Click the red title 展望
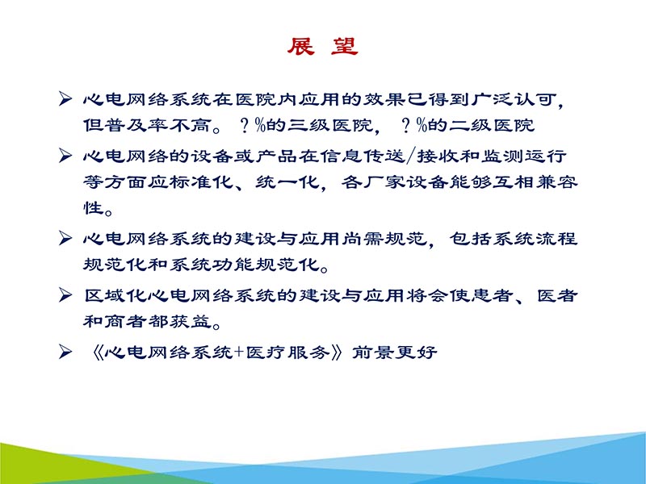pyautogui.click(x=322, y=47)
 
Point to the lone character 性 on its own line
pyautogui.click(x=94, y=209)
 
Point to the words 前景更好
pyautogui.click(x=395, y=353)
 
